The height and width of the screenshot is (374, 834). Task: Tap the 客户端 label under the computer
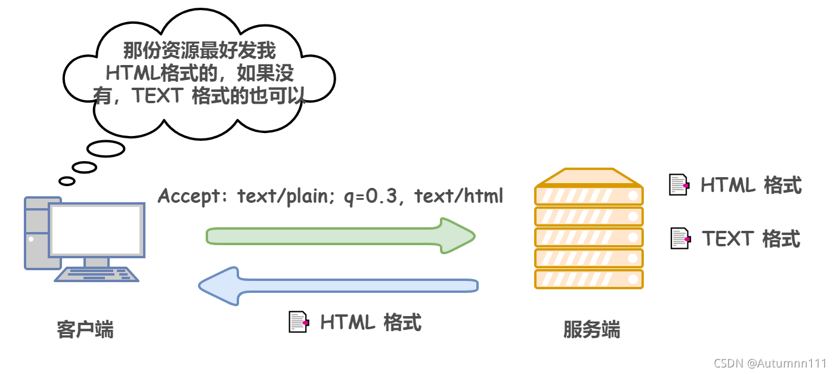click(85, 329)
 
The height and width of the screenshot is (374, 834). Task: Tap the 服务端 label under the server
click(591, 329)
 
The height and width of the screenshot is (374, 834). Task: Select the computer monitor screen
click(97, 230)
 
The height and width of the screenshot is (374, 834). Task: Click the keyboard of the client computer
click(97, 274)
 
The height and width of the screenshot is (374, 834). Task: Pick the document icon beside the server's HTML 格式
click(679, 185)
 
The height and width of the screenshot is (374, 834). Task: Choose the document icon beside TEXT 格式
click(680, 239)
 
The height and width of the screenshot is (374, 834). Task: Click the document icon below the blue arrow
click(298, 322)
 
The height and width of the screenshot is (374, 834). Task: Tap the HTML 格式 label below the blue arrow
click(371, 322)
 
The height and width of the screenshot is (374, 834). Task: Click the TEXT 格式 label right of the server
click(751, 239)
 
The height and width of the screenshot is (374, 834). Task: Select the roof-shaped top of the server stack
click(589, 177)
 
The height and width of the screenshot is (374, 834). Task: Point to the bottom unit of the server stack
click(589, 279)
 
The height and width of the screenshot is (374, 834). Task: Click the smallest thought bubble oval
click(67, 181)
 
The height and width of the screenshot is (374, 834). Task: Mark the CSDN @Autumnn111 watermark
click(770, 363)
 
